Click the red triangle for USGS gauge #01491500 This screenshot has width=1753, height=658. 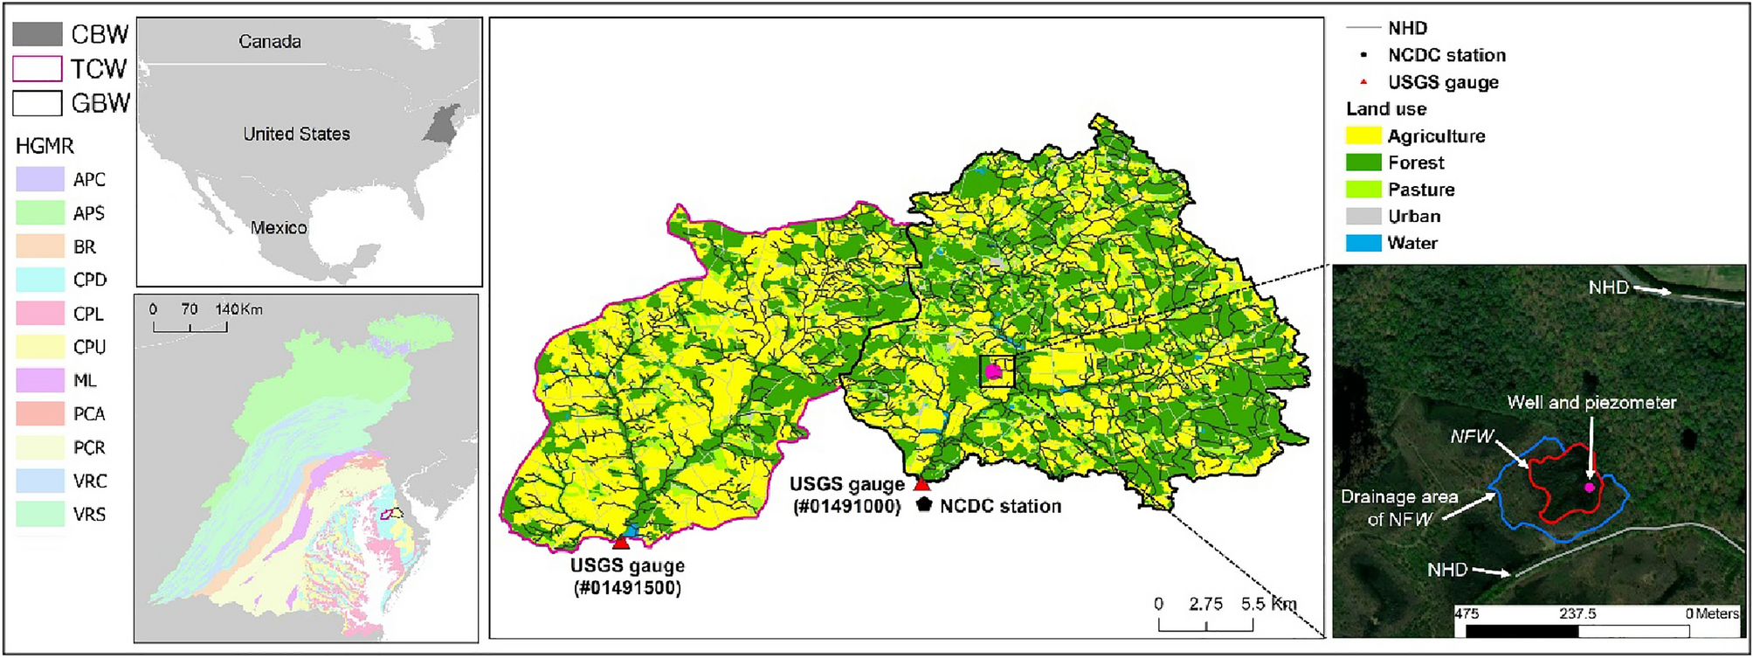620,542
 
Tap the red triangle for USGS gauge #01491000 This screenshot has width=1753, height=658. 921,483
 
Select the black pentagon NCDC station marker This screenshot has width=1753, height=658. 924,504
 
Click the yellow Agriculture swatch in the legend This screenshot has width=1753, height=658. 1363,135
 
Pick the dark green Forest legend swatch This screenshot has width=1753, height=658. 1363,163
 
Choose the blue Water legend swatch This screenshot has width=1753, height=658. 1363,243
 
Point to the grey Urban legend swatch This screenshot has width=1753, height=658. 1363,216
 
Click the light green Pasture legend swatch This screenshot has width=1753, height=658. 1363,189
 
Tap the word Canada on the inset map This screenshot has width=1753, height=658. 270,41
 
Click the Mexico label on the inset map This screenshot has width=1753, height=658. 279,227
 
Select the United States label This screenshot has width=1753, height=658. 296,134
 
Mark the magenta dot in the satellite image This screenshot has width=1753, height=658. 1589,487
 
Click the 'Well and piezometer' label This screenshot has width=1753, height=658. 1591,403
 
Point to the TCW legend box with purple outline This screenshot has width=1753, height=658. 38,68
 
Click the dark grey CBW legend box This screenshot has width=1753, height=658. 38,34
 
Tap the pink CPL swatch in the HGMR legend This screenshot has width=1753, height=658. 40,313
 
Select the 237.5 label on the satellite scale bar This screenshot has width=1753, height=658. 1577,613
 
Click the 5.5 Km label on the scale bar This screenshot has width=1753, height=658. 1268,604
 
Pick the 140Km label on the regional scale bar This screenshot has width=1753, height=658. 238,309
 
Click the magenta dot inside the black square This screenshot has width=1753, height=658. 993,371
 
